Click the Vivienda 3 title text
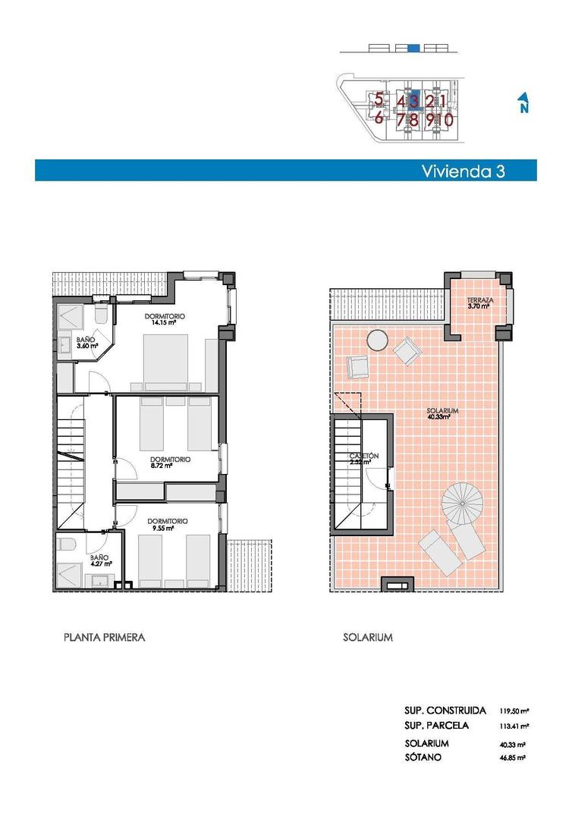click(463, 171)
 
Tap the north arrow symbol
click(523, 102)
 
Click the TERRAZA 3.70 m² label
click(480, 303)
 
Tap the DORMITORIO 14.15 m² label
click(166, 319)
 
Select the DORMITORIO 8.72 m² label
click(169, 462)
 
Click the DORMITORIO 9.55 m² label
click(167, 524)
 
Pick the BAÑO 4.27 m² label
click(99, 560)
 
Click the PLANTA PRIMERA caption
click(104, 638)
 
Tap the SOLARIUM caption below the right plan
click(367, 638)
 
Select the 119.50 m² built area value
click(514, 711)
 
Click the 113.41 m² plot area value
click(514, 726)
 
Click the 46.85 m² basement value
click(514, 757)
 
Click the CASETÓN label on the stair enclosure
click(364, 458)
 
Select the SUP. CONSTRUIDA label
click(445, 711)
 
